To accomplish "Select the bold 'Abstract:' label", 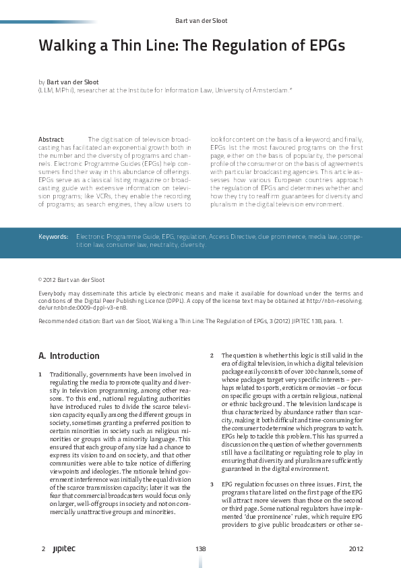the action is [51, 139].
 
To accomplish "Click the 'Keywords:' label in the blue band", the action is [53, 237].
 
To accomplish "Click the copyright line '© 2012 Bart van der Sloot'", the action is [72, 278].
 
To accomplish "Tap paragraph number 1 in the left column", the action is [42, 373].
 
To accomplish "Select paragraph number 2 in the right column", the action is [212, 355].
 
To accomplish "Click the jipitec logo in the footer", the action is [64, 550].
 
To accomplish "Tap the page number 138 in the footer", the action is [199, 550].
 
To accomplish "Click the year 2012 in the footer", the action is [356, 550].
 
